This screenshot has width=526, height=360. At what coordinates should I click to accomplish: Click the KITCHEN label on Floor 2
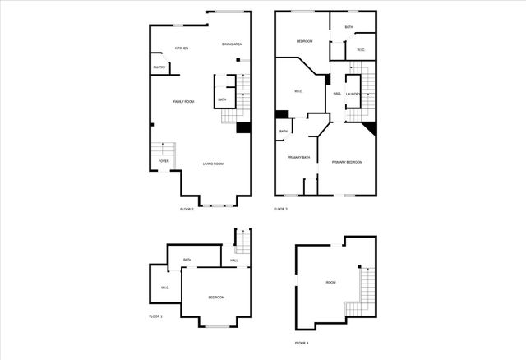coord(182,48)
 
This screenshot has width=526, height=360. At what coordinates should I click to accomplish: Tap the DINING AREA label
coord(232,44)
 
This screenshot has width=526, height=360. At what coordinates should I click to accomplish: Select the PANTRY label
coord(159,67)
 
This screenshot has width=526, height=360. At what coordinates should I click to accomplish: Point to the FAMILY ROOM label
coord(183,101)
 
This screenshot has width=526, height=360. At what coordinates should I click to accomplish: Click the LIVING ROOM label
coord(214,164)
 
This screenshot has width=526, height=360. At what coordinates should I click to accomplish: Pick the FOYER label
coord(164,161)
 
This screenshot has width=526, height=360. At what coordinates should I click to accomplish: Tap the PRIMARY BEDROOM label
coord(347,162)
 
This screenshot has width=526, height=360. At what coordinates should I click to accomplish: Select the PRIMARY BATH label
coord(298,157)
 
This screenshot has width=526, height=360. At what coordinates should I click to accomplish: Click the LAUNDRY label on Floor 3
coord(353,94)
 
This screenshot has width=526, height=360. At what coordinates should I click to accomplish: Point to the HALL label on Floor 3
coord(337,94)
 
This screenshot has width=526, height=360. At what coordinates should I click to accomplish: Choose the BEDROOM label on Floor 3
coord(304,41)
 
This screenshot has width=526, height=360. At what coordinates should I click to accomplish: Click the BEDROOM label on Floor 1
coord(216,297)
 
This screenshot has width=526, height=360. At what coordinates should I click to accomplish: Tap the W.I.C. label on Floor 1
coord(164,288)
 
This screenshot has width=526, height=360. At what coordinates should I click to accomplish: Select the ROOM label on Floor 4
coord(330,282)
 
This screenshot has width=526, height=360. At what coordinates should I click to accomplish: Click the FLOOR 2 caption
coord(187,209)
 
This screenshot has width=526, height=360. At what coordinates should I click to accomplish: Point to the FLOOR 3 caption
coord(280,209)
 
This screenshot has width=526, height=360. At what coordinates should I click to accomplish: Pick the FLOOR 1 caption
coord(155,316)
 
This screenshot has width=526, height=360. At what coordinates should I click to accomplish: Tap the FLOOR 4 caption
coord(302,342)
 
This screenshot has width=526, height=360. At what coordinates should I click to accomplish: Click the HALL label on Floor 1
coord(234,261)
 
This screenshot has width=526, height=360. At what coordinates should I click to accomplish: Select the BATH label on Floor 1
coord(187,260)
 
